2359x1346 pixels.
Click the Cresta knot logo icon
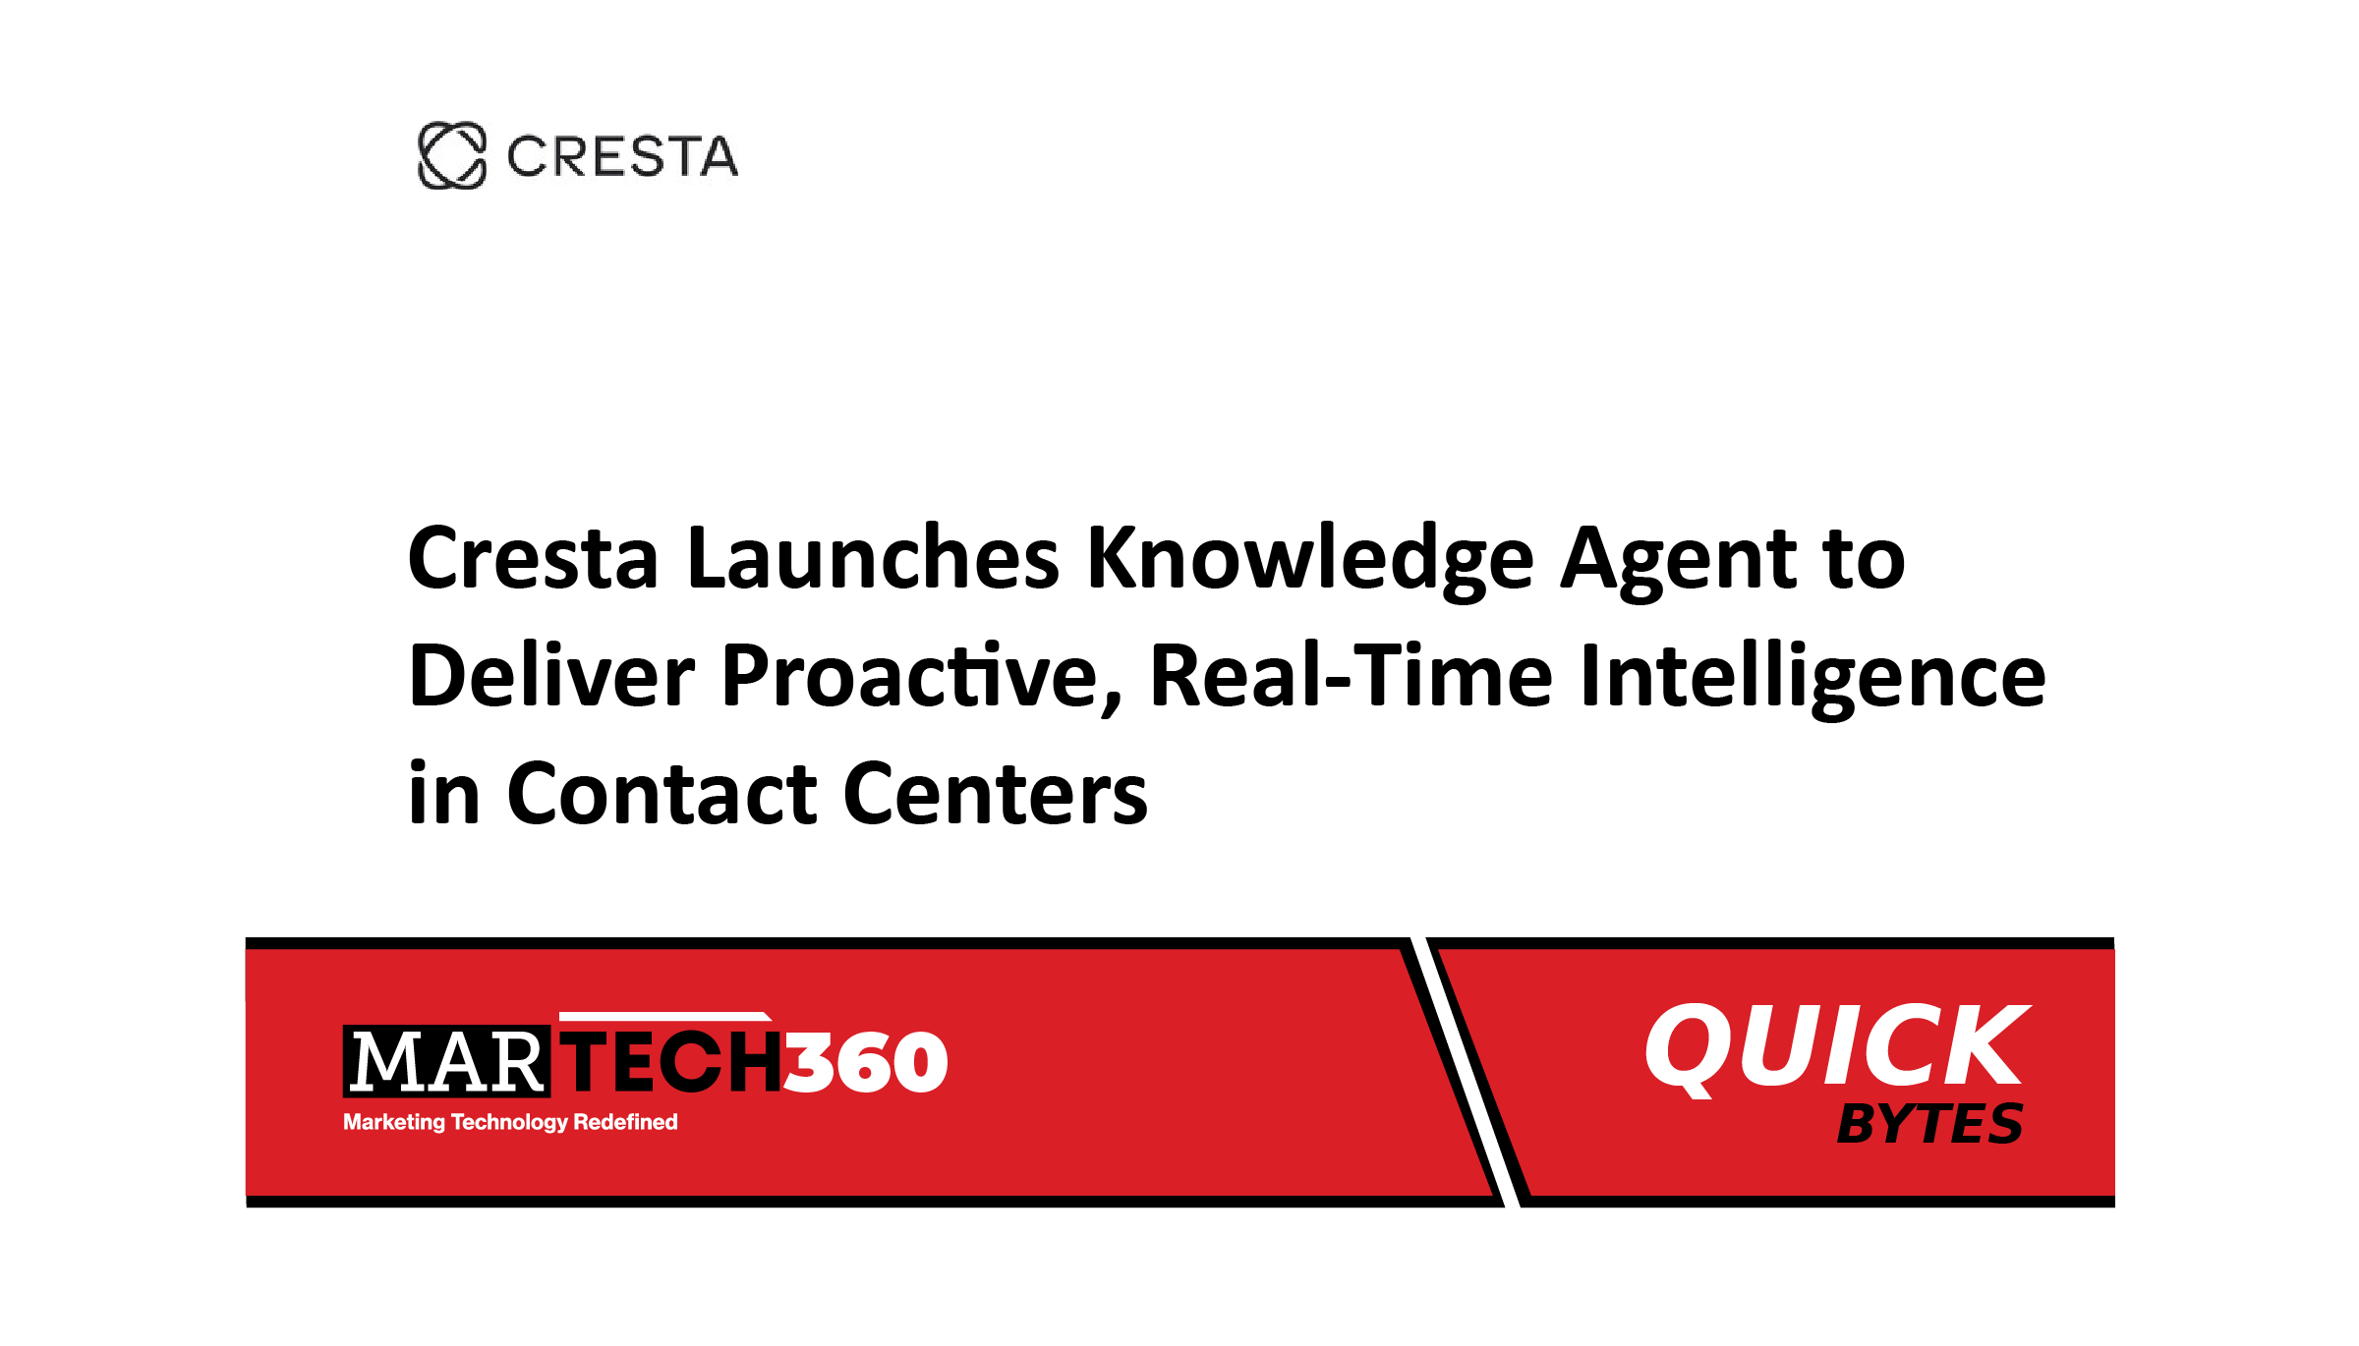tap(452, 155)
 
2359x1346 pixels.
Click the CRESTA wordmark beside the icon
tap(622, 157)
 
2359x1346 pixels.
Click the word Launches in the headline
tap(873, 558)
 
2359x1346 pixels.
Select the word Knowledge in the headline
tap(1309, 560)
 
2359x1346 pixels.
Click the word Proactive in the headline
tap(922, 676)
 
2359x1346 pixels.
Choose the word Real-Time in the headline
tap(1352, 676)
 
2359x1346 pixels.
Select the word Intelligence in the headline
tap(1812, 678)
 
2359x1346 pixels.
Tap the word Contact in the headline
tap(661, 794)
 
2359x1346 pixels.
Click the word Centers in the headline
tap(995, 794)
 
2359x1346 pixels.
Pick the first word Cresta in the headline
tap(533, 558)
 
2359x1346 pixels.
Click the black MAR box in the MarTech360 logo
tap(446, 1061)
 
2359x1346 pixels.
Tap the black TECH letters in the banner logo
tap(674, 1061)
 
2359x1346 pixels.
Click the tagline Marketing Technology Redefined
tap(510, 1122)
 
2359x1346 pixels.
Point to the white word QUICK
tap(1836, 1047)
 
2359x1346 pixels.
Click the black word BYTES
tap(1929, 1124)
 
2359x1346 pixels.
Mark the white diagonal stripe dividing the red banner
tap(1466, 1072)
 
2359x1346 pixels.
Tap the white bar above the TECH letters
tap(665, 1016)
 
